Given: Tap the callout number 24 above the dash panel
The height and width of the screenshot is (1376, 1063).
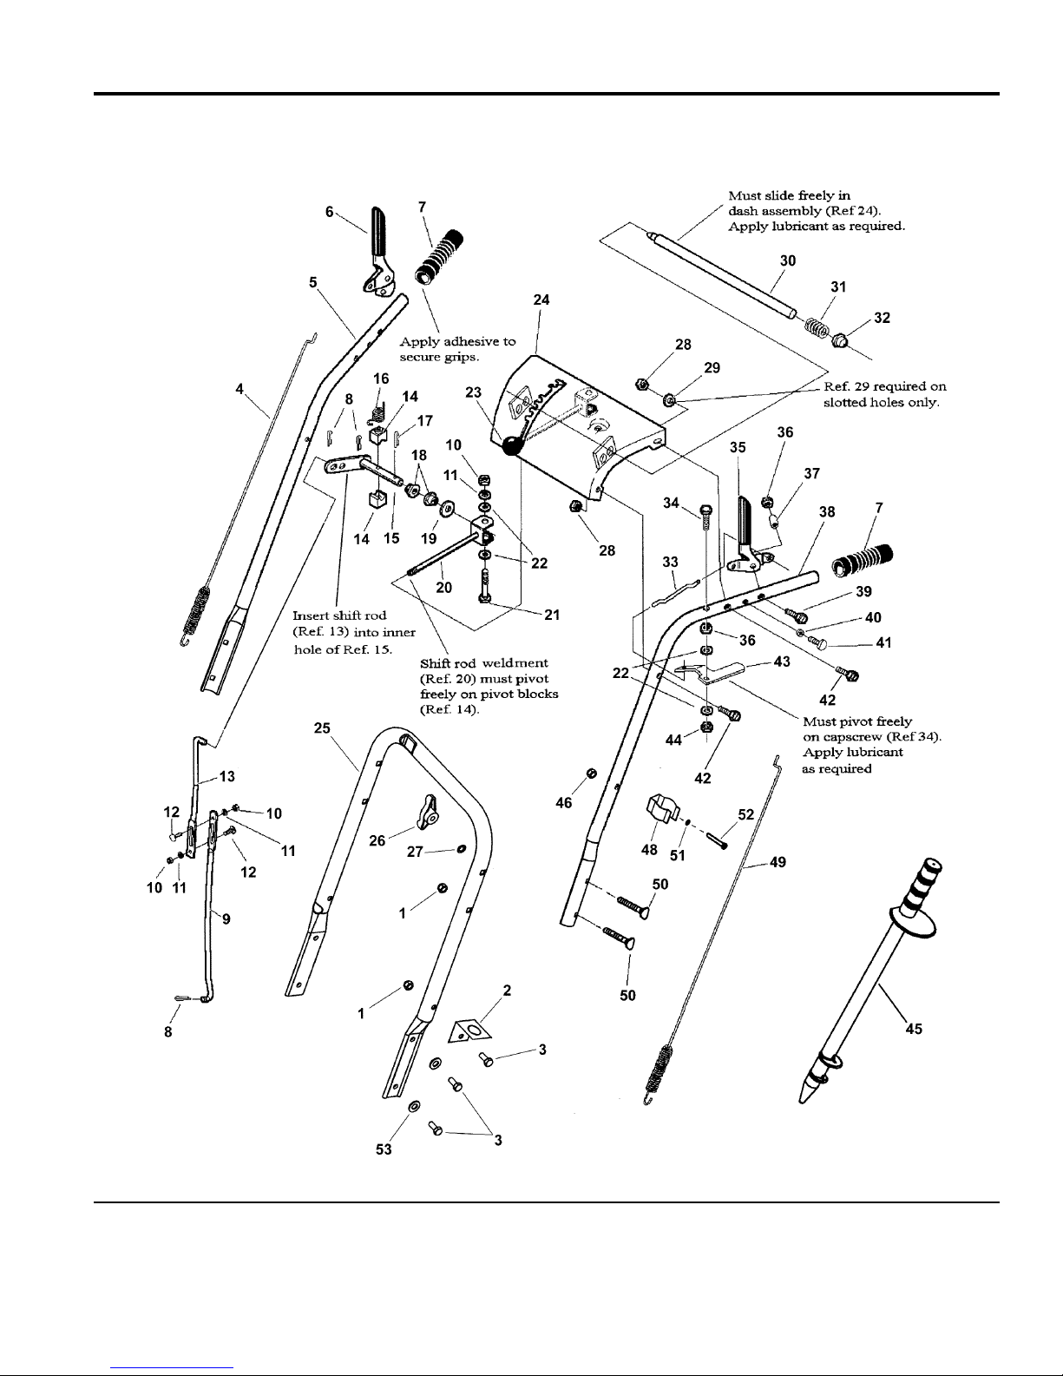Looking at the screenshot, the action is click(x=541, y=300).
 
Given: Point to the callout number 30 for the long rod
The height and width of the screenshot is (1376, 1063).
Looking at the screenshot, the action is click(x=787, y=260).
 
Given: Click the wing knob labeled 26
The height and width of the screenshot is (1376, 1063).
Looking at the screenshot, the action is click(x=426, y=812).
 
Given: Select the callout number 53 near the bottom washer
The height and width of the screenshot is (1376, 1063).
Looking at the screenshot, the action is click(x=384, y=1149).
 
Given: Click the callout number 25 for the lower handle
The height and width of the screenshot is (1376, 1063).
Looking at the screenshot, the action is click(x=322, y=728).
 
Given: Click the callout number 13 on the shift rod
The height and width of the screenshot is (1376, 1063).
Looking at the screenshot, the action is click(x=226, y=776).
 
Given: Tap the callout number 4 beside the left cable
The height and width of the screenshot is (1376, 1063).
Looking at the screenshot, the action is click(x=240, y=389).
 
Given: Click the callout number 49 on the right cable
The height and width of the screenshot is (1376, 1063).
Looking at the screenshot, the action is click(x=778, y=862).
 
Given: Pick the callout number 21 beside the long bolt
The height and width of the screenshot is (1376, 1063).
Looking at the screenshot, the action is click(x=552, y=615).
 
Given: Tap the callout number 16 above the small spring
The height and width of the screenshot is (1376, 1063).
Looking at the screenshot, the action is click(x=381, y=379).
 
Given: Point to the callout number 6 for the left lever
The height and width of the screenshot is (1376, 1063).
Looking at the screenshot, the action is click(x=329, y=212).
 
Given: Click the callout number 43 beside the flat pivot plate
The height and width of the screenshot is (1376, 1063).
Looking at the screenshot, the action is click(x=782, y=662).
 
